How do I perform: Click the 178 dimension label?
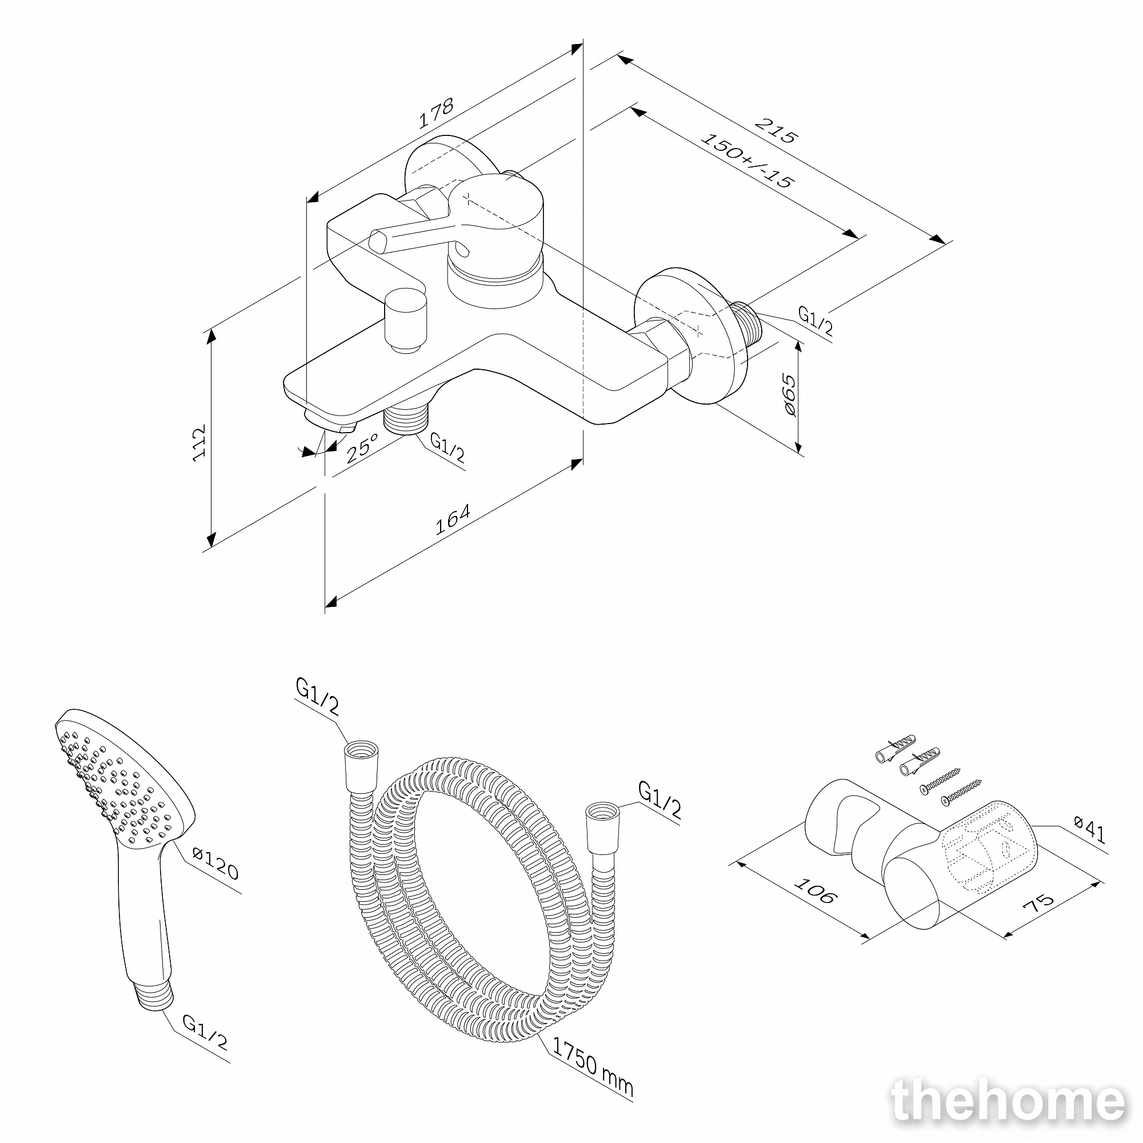click(x=436, y=113)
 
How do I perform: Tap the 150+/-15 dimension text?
click(x=746, y=161)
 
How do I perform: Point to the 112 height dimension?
click(x=199, y=442)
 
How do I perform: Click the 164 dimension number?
click(x=453, y=519)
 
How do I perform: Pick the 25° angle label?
click(x=362, y=447)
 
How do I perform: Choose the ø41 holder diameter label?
click(x=1089, y=829)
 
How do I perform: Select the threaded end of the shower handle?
click(x=155, y=996)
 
